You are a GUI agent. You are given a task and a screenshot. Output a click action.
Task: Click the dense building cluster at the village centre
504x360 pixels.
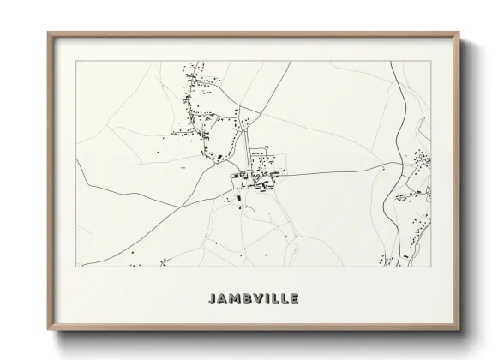click(255, 178)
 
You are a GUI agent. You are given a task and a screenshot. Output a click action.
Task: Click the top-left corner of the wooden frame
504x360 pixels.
click(49, 33)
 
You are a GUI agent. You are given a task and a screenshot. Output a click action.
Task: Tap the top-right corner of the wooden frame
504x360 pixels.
click(460, 33)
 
